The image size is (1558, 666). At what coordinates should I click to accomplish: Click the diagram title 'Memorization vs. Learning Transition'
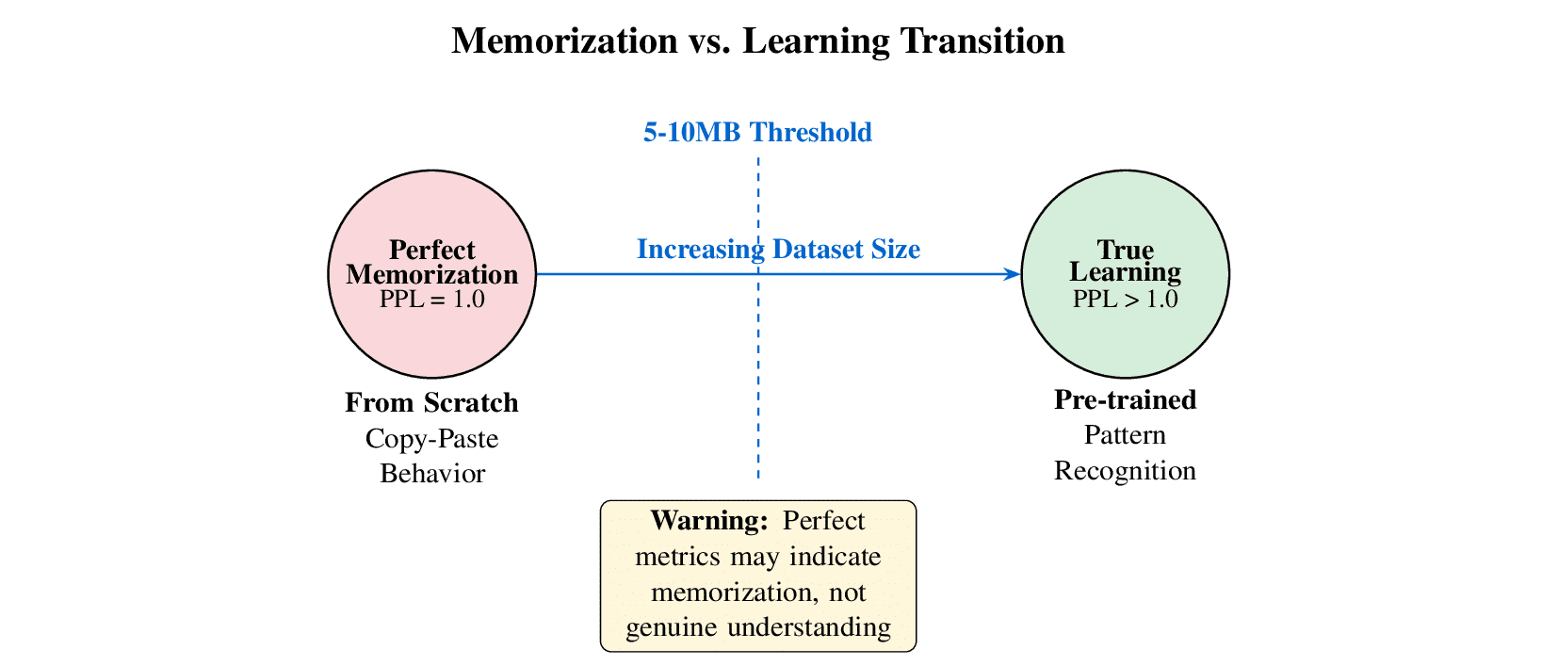click(757, 41)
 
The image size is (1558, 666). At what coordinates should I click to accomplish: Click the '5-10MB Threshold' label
click(757, 133)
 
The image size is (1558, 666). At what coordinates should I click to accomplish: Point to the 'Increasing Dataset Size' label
click(778, 250)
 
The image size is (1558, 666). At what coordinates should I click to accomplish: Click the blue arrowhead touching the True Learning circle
click(1013, 274)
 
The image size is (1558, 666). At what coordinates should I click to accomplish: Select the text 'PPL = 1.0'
click(431, 300)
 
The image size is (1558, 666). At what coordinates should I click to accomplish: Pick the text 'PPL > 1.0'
click(1125, 300)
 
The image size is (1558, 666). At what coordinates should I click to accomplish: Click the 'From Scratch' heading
click(431, 403)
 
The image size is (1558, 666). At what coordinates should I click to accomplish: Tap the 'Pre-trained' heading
click(1125, 400)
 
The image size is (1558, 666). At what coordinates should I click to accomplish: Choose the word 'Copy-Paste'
click(431, 439)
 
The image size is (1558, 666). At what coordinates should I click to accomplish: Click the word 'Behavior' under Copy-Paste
click(431, 473)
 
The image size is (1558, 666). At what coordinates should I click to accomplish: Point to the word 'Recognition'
click(1125, 471)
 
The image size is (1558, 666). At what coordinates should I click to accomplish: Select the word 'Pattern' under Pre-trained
click(1125, 435)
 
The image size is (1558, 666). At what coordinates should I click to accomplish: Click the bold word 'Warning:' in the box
click(709, 521)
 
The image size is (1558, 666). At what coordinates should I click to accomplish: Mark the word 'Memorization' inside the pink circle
click(431, 275)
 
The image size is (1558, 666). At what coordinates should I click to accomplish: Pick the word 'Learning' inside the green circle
click(1125, 272)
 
